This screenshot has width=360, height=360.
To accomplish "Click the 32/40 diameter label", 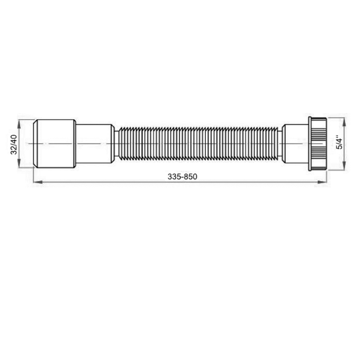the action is (x=14, y=144).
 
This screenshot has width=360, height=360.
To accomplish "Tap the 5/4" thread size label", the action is (x=339, y=144).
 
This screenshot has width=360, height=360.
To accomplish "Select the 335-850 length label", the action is (x=182, y=176).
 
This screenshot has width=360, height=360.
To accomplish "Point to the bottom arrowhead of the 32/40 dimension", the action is (x=19, y=163).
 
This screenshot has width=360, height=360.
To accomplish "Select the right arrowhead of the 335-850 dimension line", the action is (x=321, y=182).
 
